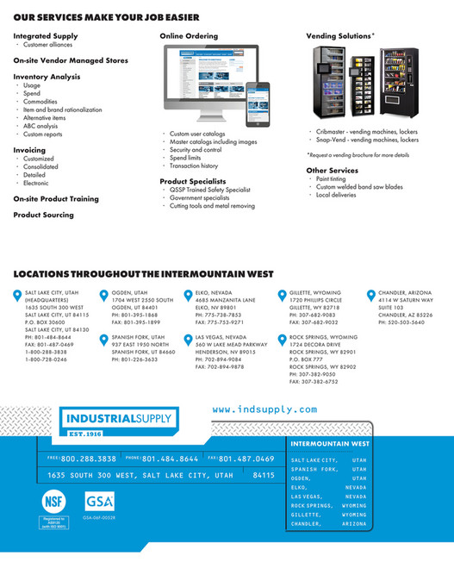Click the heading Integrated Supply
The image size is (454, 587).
[x=45, y=36]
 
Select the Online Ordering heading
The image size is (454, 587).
[x=189, y=36]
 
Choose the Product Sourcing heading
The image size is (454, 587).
[x=43, y=215]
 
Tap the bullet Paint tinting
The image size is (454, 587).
[x=332, y=178]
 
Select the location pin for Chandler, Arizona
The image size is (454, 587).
[x=371, y=296]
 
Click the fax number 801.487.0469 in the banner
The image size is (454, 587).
[x=246, y=459]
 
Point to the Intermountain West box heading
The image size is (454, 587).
[x=331, y=444]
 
